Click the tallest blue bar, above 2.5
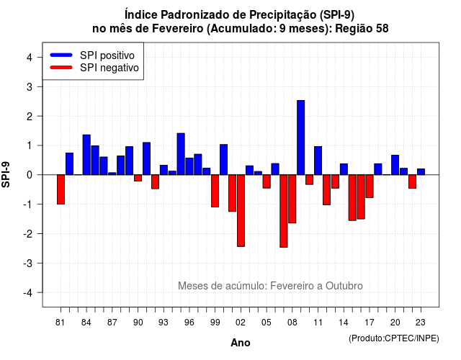point(301,138)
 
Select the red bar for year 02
point(241,210)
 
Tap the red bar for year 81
point(61,189)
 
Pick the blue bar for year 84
point(86,155)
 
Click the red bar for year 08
point(292,199)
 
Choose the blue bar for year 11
point(318,161)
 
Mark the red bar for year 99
point(215,191)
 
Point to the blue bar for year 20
point(395,165)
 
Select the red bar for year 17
point(370,186)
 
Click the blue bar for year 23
point(421,172)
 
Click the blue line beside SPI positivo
point(61,55)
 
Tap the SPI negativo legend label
point(109,68)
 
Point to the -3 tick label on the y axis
point(28,264)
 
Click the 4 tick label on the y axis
point(30,58)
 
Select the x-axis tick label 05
point(267,323)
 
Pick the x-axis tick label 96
point(189,323)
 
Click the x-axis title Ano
point(241,343)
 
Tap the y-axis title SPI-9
point(6,174)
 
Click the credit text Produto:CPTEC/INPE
point(394,338)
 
